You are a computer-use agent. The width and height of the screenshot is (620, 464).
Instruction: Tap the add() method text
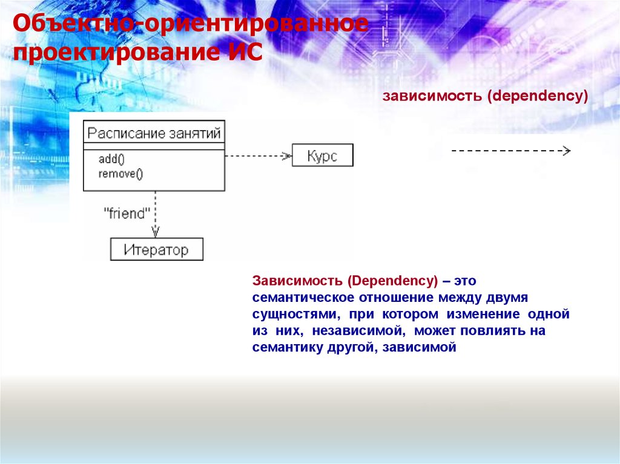pyautogui.click(x=111, y=159)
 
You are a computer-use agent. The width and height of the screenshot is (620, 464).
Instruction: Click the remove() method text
pyautogui.click(x=120, y=174)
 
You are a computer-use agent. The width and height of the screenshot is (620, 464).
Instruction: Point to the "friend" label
pyautogui.click(x=127, y=214)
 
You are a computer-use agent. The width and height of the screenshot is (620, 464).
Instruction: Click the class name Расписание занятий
pyautogui.click(x=154, y=133)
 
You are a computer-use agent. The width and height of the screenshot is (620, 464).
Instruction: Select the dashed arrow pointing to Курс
pyautogui.click(x=258, y=155)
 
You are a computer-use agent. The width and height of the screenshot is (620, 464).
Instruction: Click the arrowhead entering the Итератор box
pyautogui.click(x=156, y=232)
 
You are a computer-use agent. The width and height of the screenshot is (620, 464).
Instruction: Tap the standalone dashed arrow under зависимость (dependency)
pyautogui.click(x=511, y=151)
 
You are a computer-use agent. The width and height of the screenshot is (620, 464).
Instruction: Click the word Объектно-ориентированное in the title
pyautogui.click(x=191, y=24)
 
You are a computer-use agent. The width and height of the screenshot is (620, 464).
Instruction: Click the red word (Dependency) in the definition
pyautogui.click(x=392, y=281)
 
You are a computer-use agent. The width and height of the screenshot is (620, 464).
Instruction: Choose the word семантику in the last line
pyautogui.click(x=288, y=347)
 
